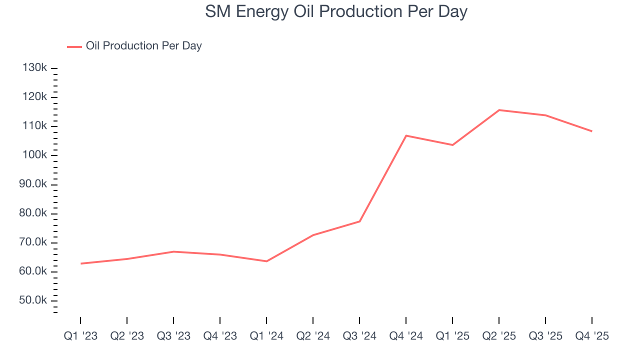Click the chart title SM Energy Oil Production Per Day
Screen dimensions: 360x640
[336, 12]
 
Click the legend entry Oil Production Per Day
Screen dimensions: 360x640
[143, 46]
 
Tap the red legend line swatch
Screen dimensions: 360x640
[74, 46]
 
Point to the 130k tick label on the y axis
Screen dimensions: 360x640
[35, 67]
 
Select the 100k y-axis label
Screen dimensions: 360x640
[35, 155]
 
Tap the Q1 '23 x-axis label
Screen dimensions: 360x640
[80, 336]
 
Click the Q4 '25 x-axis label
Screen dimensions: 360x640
[592, 336]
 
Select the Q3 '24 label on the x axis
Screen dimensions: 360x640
[359, 336]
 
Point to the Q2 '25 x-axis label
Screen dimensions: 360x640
[499, 336]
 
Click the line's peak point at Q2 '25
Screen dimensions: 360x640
[499, 110]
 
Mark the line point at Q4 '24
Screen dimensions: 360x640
[406, 135]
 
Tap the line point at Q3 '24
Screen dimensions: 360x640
[359, 221]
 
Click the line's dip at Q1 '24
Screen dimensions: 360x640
[266, 261]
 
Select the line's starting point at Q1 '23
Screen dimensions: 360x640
[80, 263]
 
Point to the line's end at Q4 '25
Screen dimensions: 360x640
[592, 131]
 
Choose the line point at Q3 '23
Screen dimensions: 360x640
[173, 251]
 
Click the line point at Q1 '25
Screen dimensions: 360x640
[452, 145]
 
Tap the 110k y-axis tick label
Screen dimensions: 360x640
[35, 126]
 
